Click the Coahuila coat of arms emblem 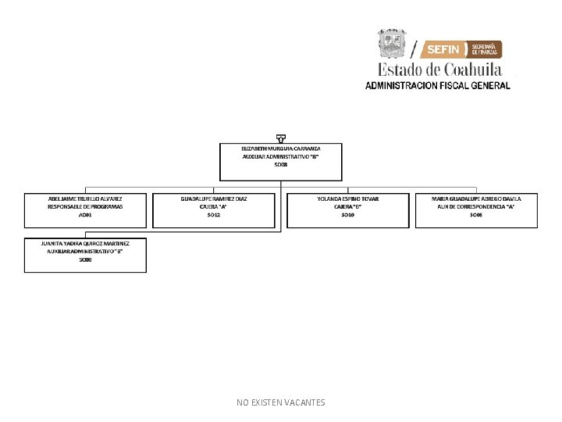coord(392,45)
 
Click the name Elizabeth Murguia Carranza coord(281,148)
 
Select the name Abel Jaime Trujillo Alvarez coord(85,199)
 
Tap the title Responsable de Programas coord(85,207)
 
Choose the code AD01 coord(85,215)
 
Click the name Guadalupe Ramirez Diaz coord(214,199)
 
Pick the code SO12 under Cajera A coord(214,215)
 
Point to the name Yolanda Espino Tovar coord(348,199)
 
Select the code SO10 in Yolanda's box coord(348,215)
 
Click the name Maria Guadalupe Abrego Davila coord(476,199)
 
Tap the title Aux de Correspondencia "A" coord(476,207)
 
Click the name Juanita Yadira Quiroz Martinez coord(85,244)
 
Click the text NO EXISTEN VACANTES coord(281,402)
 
